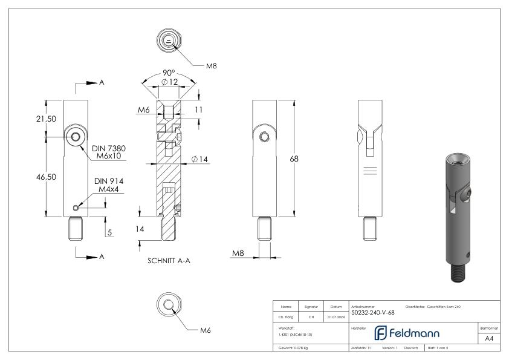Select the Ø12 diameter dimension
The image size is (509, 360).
pos(169,82)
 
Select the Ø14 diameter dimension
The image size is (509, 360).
pos(199,159)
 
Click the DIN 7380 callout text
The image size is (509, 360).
pos(109,148)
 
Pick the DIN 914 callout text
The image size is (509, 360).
pos(109,180)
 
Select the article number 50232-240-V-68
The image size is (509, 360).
pos(373,313)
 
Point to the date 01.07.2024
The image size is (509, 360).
pos(336,315)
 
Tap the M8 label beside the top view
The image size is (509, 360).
pos(211,65)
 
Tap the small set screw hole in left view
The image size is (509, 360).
pos(75,208)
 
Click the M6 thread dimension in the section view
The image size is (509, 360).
pos(143,110)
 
